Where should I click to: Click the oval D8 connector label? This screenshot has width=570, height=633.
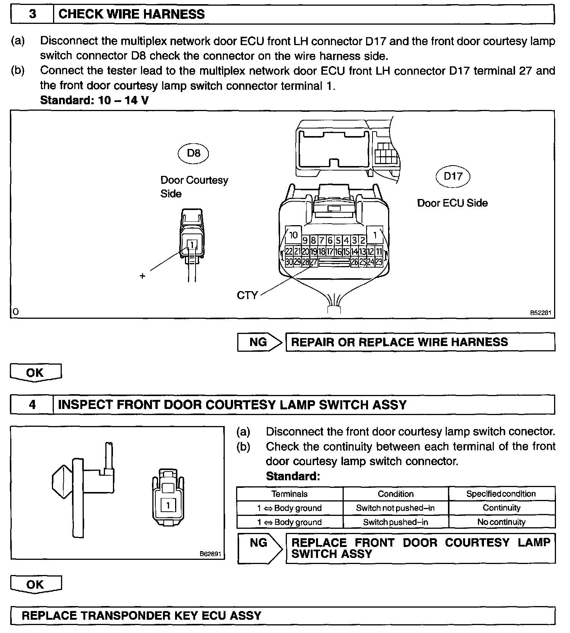coord(194,153)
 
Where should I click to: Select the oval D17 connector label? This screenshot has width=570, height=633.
coord(453,176)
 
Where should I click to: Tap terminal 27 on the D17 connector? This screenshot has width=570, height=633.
coord(314,262)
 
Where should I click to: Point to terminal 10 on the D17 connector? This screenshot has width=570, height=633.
coord(293,235)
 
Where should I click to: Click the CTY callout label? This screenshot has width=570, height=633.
coord(247,295)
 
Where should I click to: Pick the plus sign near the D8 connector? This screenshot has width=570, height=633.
coord(142,276)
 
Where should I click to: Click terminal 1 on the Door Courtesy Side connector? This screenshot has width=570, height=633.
coord(192,245)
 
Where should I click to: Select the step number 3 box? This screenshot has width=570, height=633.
coord(33,14)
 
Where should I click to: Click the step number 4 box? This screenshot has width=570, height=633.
coord(33,405)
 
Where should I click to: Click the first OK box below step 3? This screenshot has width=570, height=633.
coord(35,372)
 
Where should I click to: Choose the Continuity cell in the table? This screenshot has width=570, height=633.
coord(501,508)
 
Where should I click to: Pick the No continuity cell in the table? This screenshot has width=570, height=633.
coord(501,522)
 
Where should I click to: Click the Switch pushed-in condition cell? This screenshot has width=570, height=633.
coord(395,522)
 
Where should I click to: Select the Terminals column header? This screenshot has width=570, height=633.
coord(290,494)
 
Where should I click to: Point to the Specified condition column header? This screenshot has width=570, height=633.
coord(501,494)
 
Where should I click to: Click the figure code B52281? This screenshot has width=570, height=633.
coord(540,313)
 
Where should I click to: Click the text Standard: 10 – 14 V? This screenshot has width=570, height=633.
coord(94,100)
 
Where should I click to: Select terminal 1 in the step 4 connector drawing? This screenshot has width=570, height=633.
coord(168,505)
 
